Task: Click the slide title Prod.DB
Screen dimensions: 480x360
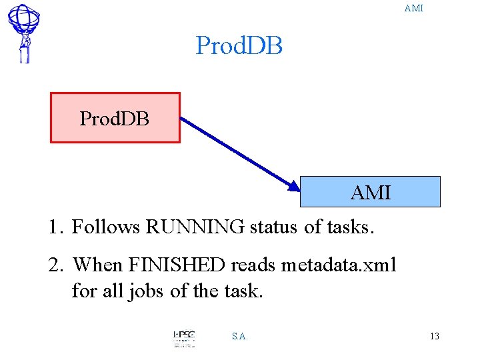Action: [239, 46]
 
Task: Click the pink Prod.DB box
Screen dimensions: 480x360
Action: [115, 118]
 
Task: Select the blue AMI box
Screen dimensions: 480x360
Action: [371, 192]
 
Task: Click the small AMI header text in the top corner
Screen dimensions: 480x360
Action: [413, 9]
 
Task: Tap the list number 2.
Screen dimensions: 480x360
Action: [55, 265]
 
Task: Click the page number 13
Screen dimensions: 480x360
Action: [435, 336]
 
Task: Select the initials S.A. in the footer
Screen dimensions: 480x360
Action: [240, 336]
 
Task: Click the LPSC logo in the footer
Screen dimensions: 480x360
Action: [184, 338]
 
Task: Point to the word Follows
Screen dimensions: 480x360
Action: [106, 227]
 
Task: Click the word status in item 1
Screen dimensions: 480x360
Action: [274, 227]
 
